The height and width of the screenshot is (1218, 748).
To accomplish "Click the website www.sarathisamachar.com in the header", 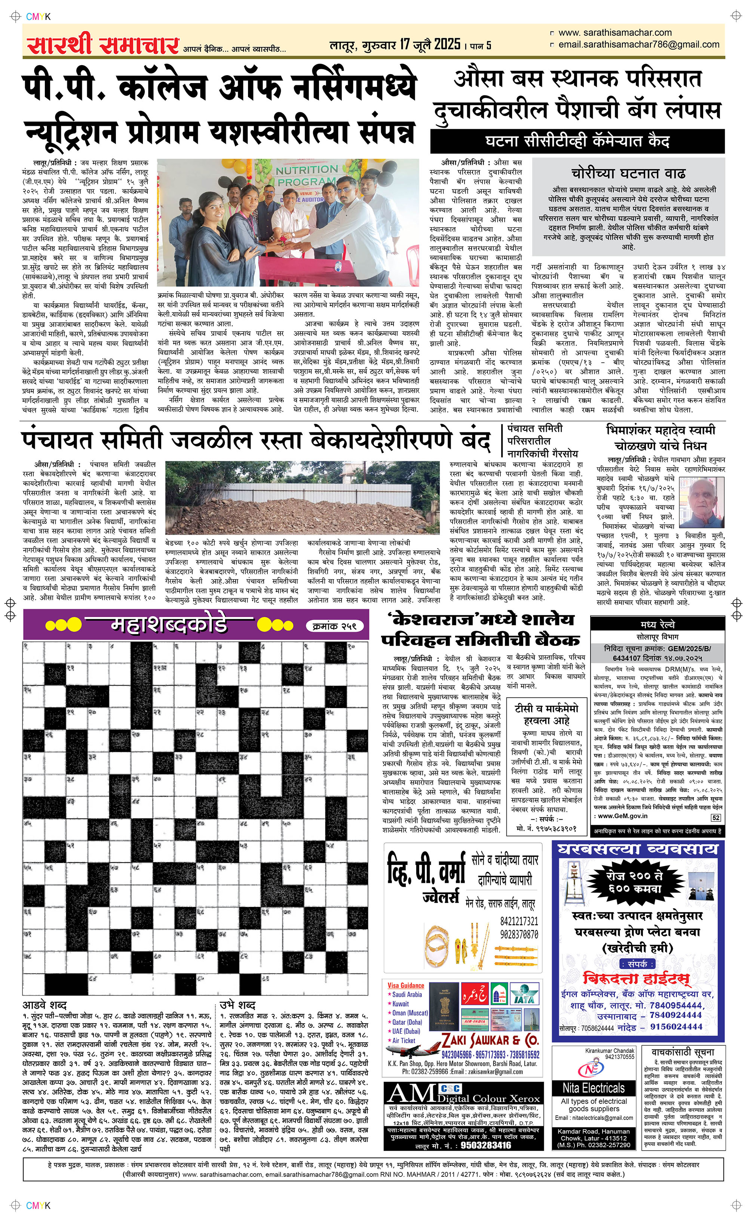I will tap(614, 33).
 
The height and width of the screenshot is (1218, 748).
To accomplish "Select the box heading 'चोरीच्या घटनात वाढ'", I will tap(628, 173).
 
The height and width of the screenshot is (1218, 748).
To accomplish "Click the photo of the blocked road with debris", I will tap(302, 497).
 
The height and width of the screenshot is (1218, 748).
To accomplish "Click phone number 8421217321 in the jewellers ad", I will tap(518, 921).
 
